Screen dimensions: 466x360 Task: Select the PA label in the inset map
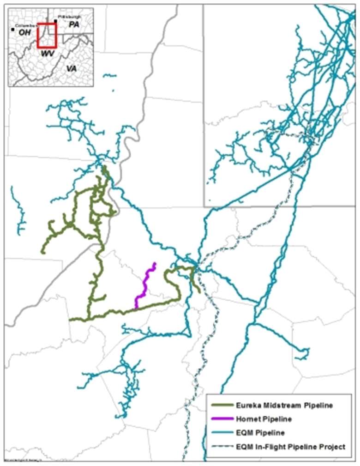(x=74, y=25)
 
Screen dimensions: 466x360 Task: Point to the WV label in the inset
(x=47, y=54)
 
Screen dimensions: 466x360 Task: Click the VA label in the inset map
(x=71, y=68)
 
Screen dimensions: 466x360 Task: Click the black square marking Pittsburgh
(x=55, y=21)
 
